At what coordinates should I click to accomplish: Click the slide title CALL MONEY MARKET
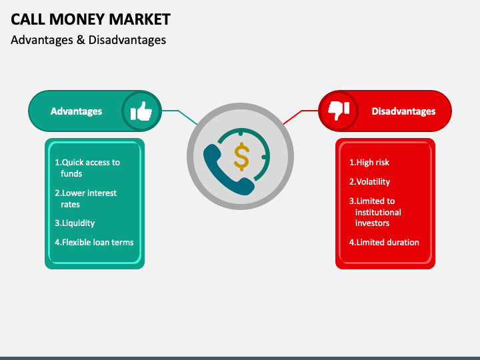tap(91, 19)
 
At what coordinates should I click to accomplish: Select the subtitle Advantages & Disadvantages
tap(88, 40)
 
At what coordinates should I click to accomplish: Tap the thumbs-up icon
tap(141, 111)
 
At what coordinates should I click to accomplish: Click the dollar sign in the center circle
tap(241, 156)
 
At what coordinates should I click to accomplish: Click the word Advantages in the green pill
tap(76, 111)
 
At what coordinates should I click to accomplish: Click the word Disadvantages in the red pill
tap(403, 111)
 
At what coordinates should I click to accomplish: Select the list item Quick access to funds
tap(87, 168)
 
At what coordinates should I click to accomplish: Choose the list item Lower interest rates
tap(86, 199)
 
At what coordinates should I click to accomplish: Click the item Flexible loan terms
tap(94, 242)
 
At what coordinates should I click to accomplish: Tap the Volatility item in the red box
tap(370, 181)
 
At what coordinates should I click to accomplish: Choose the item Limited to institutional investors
tap(377, 212)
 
